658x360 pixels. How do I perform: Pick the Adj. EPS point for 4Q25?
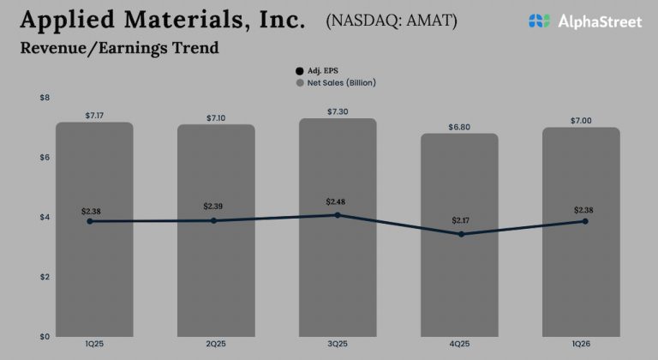point(459,234)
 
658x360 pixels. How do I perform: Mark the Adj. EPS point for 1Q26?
point(585,221)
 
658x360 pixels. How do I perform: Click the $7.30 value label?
point(338,112)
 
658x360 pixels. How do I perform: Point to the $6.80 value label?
point(459,127)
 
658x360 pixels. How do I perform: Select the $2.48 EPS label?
point(338,201)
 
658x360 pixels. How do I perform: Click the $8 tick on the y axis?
point(45,98)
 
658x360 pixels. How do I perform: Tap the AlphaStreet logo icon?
point(539,21)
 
